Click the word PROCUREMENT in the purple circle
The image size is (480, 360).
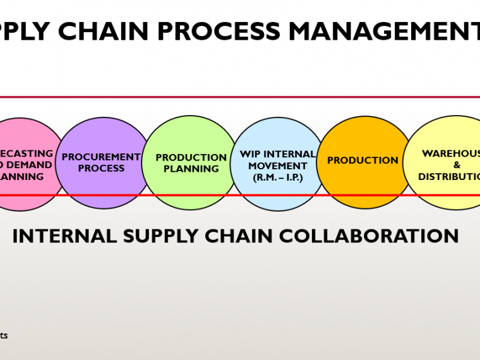pos(101,157)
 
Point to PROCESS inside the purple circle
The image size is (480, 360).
pos(101,169)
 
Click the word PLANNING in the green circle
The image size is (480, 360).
pos(191,169)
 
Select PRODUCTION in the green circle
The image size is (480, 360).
pos(191,157)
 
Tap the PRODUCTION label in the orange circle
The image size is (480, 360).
pos(363,160)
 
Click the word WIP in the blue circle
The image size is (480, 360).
pos(250,154)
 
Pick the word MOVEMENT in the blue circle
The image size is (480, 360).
pos(278,166)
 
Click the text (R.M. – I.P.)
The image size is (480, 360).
pos(278,177)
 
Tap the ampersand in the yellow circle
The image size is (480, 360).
pos(457,165)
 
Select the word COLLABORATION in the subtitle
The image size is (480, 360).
pos(369,236)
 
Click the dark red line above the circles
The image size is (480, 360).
pos(240,97)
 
